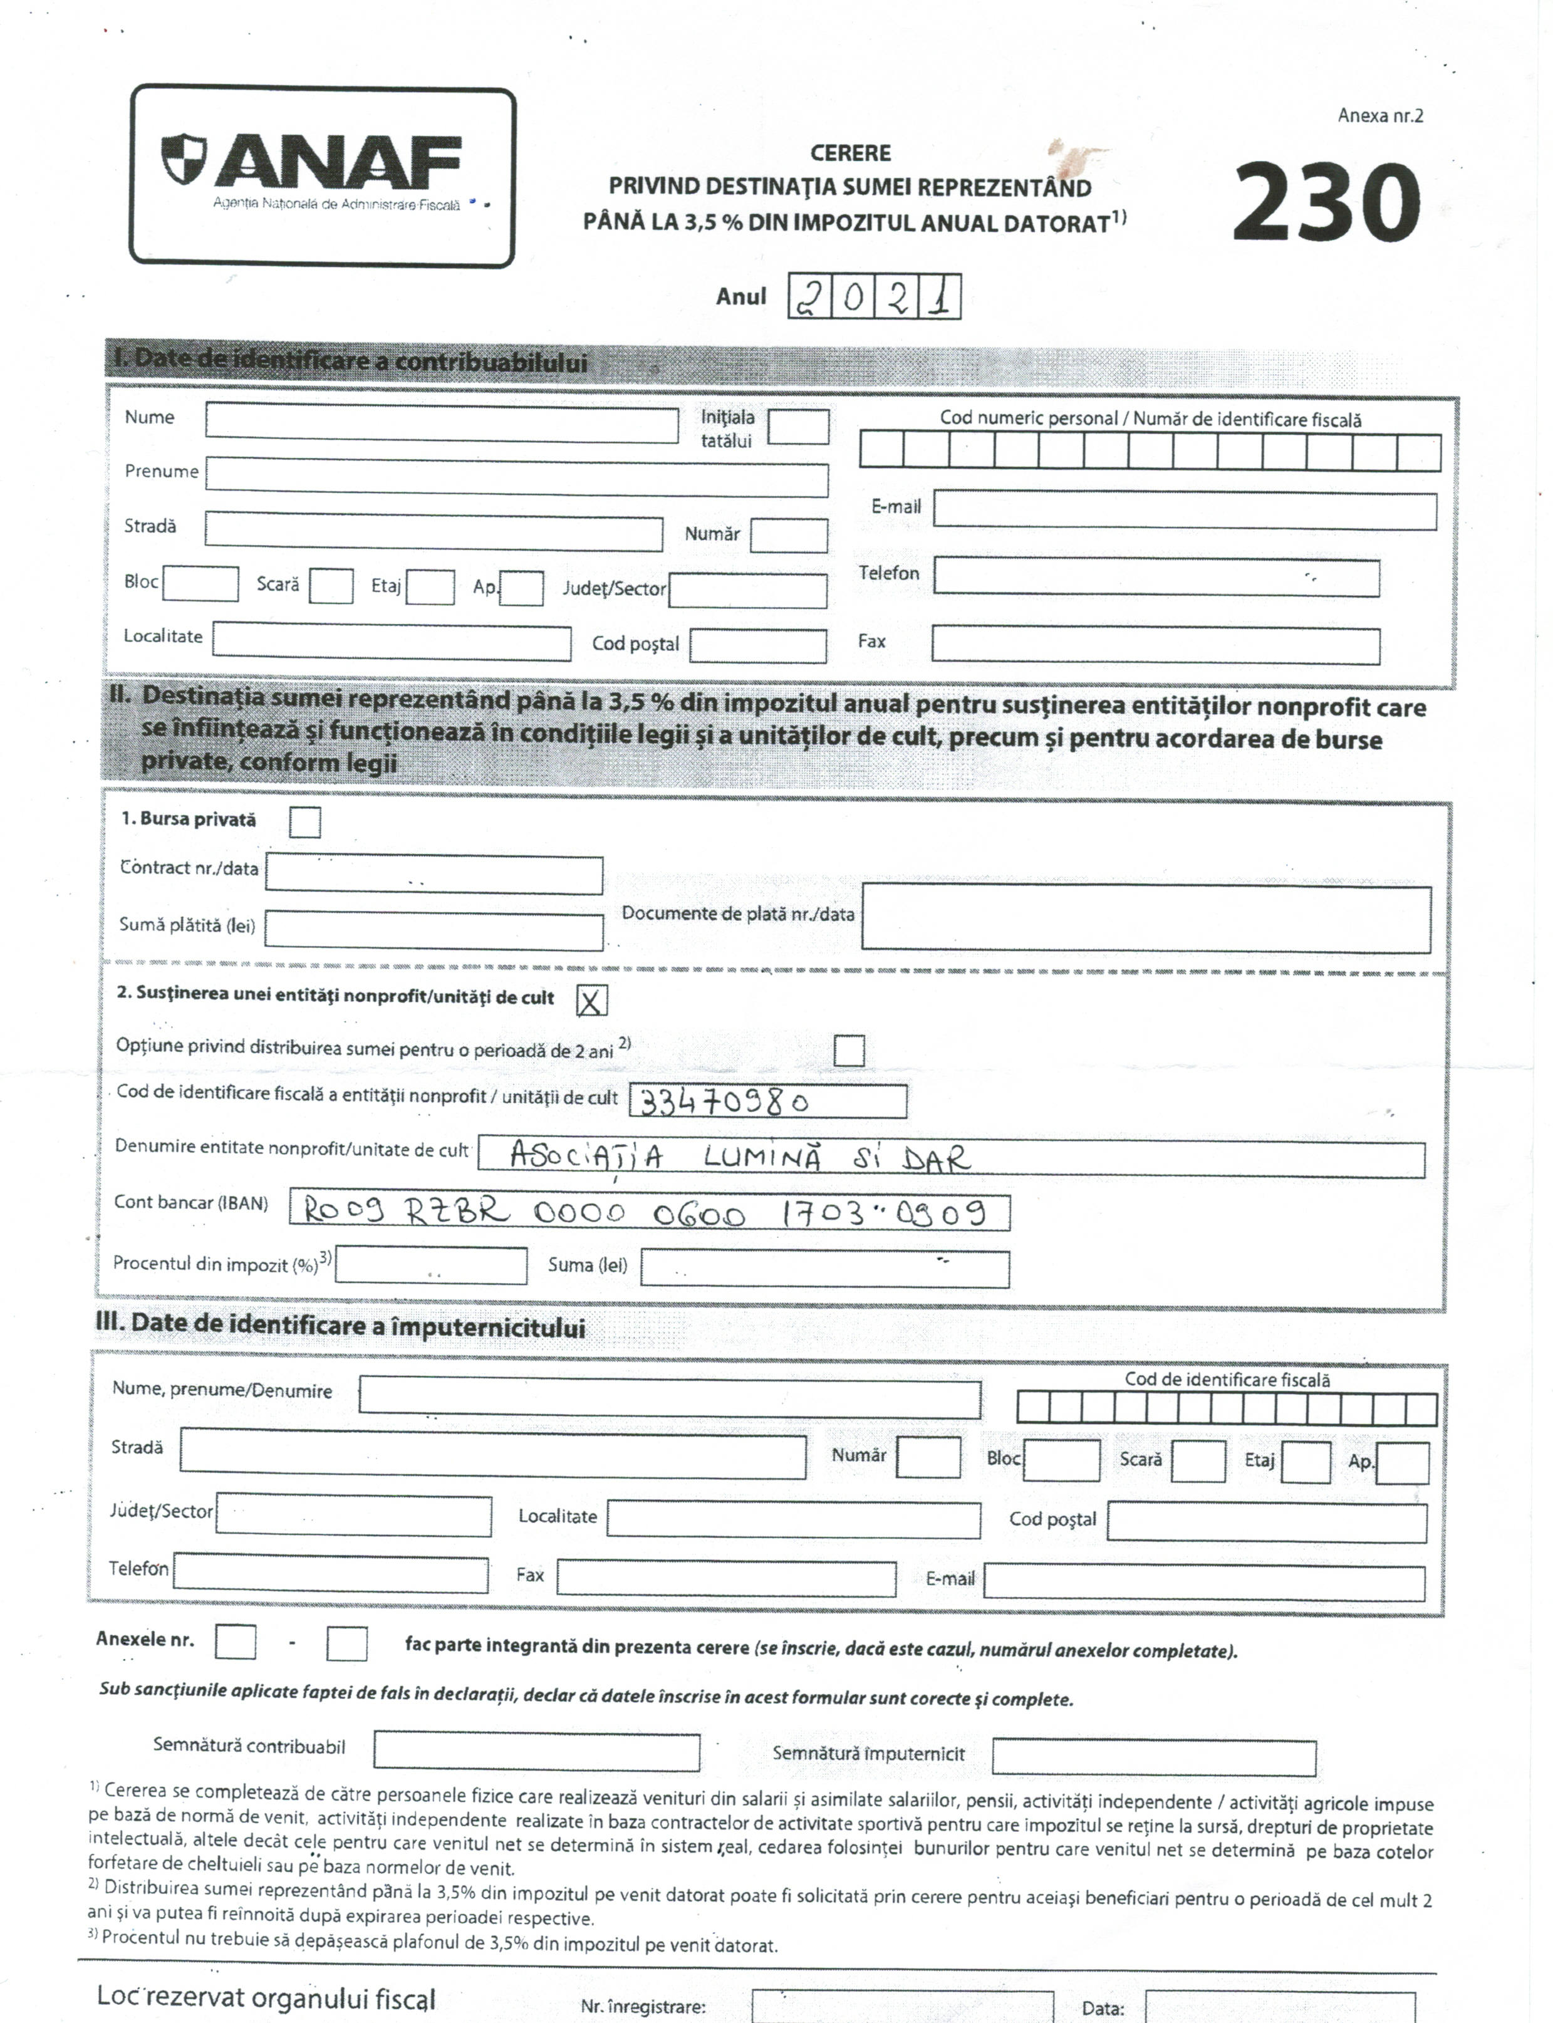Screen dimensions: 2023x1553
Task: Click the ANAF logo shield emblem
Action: pyautogui.click(x=184, y=158)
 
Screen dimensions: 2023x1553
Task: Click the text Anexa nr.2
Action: pyautogui.click(x=1379, y=115)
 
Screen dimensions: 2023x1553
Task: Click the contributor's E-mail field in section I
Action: pyautogui.click(x=1184, y=511)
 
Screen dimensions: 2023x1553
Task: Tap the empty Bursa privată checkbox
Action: pyautogui.click(x=305, y=821)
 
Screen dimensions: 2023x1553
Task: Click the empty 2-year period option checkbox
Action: pyautogui.click(x=849, y=1050)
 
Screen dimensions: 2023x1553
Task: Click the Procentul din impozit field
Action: pyautogui.click(x=431, y=1265)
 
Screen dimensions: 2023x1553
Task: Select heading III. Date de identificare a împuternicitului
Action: pyautogui.click(x=340, y=1325)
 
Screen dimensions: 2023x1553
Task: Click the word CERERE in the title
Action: pyautogui.click(x=851, y=153)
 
